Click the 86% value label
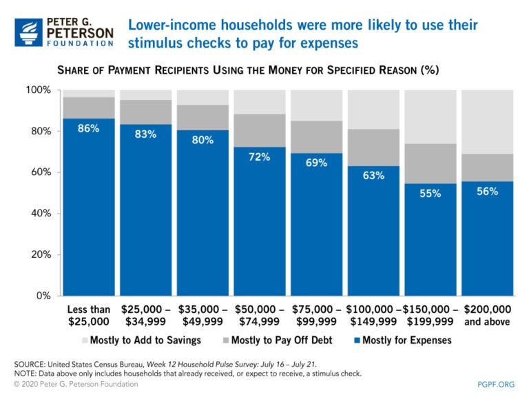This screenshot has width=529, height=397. (89, 128)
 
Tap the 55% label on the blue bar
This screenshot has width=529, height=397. (431, 194)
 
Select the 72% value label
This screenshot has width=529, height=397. (260, 157)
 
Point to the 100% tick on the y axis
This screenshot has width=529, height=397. (39, 90)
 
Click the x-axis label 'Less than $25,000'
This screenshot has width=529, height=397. (89, 316)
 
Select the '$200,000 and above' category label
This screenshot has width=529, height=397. (487, 316)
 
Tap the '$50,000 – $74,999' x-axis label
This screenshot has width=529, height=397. (260, 316)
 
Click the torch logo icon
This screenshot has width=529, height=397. (28, 32)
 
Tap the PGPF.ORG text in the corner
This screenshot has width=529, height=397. (497, 384)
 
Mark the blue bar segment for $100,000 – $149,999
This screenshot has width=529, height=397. (373, 234)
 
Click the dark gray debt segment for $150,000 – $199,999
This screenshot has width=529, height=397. (431, 163)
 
